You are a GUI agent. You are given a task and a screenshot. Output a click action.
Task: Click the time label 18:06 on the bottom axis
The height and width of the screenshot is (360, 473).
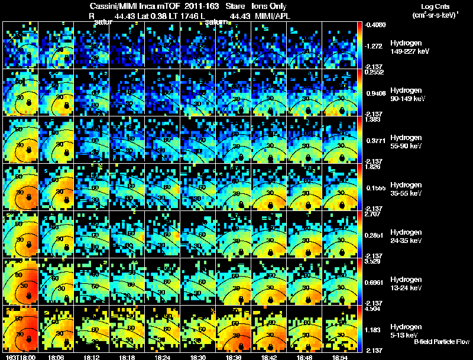pos(56,357)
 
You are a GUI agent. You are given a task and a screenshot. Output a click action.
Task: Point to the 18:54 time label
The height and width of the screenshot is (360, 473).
pos(340,357)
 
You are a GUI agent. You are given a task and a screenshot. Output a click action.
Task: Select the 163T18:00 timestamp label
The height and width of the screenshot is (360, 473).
pos(20,357)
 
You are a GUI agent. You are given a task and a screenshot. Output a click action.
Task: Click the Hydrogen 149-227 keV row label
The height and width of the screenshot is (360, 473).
pos(406,48)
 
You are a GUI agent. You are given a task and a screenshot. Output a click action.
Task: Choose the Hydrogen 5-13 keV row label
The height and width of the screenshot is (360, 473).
pos(406,330)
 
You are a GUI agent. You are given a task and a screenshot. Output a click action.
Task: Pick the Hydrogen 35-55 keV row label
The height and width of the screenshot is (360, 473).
pos(406,189)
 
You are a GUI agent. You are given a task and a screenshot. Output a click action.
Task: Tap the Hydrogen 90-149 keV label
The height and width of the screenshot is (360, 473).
pos(406,94)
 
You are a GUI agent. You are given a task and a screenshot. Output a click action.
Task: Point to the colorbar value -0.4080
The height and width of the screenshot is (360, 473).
pos(375,25)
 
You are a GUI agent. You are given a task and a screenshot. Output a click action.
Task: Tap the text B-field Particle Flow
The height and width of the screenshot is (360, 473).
pos(441,342)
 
